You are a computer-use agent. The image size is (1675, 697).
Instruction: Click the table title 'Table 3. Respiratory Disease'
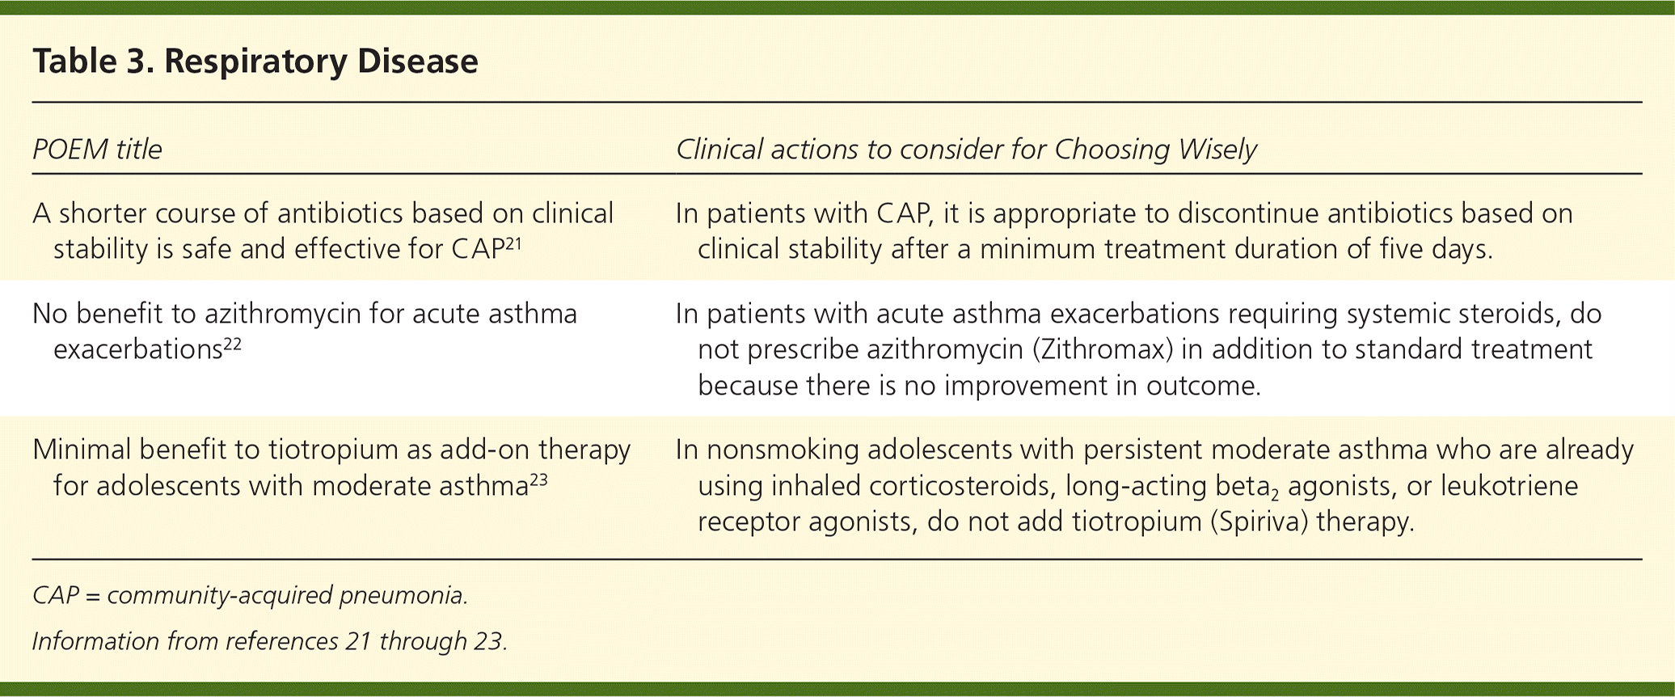(x=255, y=61)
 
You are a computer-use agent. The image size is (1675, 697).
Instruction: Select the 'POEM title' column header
(x=97, y=150)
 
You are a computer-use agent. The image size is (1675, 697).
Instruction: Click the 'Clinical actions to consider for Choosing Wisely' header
(x=966, y=150)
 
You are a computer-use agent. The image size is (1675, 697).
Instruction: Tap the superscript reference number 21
(x=514, y=242)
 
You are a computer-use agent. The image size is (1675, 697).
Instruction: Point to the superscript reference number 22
(x=232, y=342)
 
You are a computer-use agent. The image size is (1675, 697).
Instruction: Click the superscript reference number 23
(x=538, y=479)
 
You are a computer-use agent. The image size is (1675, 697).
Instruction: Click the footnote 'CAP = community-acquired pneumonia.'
(x=251, y=596)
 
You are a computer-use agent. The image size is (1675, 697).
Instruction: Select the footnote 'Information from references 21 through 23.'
(x=270, y=641)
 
